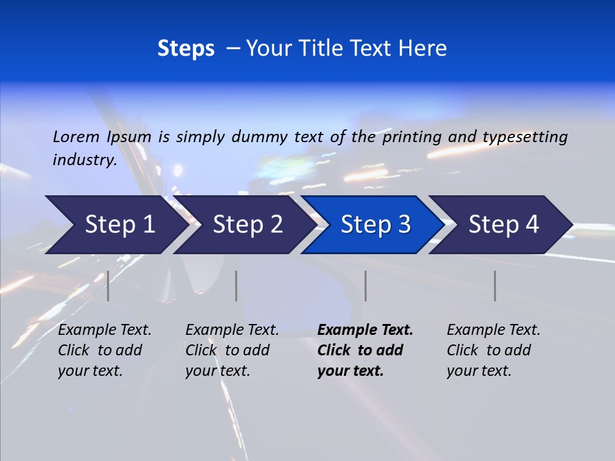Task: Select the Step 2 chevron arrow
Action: point(247,225)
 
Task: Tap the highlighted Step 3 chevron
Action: point(375,225)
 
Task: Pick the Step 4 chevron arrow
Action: point(504,225)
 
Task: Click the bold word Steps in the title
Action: point(186,49)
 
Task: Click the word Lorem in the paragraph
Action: point(76,136)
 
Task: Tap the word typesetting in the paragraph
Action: point(525,136)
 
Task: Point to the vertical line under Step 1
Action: point(108,286)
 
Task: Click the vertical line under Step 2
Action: point(236,286)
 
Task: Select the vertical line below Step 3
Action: point(366,286)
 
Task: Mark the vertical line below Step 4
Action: point(495,286)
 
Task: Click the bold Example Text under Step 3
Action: point(365,330)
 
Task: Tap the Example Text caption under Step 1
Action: point(104,330)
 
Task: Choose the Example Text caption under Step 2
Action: point(232,330)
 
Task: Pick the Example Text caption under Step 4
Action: point(493,330)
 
